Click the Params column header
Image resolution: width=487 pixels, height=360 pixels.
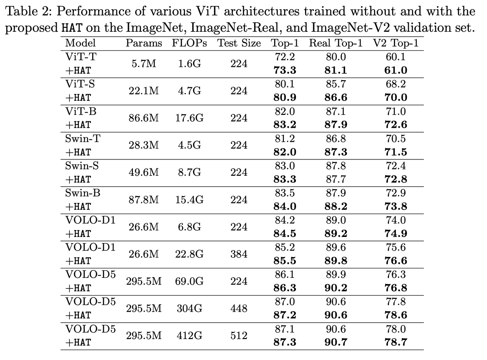pos(144,43)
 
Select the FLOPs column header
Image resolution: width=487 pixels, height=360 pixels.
pos(189,43)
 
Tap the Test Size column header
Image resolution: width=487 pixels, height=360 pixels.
pos(239,43)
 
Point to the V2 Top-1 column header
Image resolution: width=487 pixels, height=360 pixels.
pos(396,43)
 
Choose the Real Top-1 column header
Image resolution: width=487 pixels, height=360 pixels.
pos(335,43)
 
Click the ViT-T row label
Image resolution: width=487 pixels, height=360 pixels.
pos(80,57)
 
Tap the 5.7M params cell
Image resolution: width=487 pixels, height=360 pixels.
pos(144,64)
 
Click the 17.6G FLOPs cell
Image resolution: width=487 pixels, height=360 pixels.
pos(189,118)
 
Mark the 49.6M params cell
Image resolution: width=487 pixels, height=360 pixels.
pos(144,172)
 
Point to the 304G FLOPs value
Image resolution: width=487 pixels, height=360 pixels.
pos(189,308)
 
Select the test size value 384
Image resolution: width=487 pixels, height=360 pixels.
pos(239,254)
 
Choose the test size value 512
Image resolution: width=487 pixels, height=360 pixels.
pos(239,336)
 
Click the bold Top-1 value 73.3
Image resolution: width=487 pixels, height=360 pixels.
pos(285,70)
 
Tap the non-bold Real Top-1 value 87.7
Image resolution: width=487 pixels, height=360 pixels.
pos(335,179)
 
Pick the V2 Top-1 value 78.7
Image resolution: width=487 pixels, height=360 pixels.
pos(396,342)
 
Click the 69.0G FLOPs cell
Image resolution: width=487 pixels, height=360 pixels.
pos(189,281)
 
